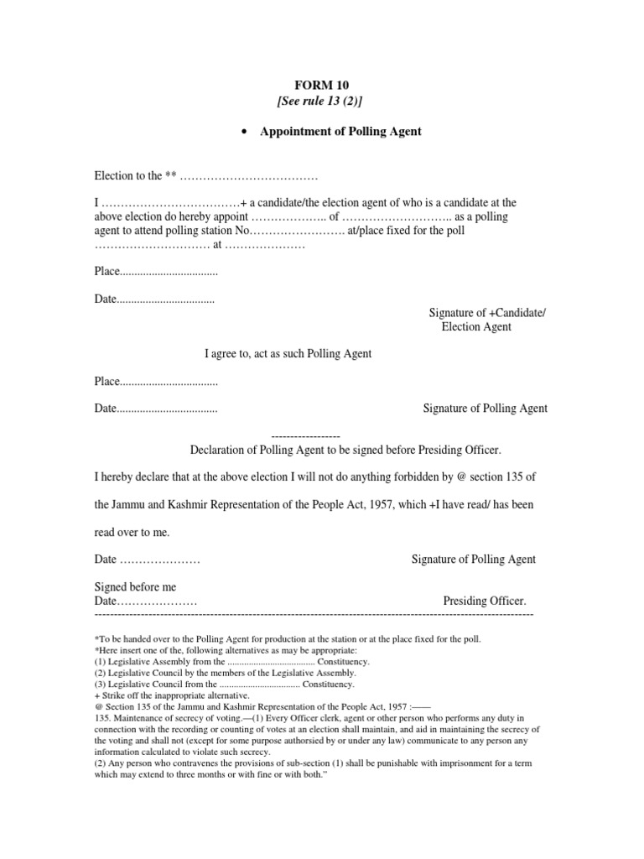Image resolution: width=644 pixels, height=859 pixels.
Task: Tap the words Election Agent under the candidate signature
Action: click(x=476, y=327)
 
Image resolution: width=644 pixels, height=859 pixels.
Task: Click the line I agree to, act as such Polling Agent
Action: click(x=288, y=354)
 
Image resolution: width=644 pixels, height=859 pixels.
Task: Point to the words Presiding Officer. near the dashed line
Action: click(x=485, y=601)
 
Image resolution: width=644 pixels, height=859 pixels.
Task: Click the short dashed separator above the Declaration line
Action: click(x=306, y=437)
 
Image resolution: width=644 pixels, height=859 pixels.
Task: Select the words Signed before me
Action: click(x=135, y=587)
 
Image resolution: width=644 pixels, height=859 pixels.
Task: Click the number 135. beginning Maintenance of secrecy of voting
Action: click(x=104, y=718)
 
